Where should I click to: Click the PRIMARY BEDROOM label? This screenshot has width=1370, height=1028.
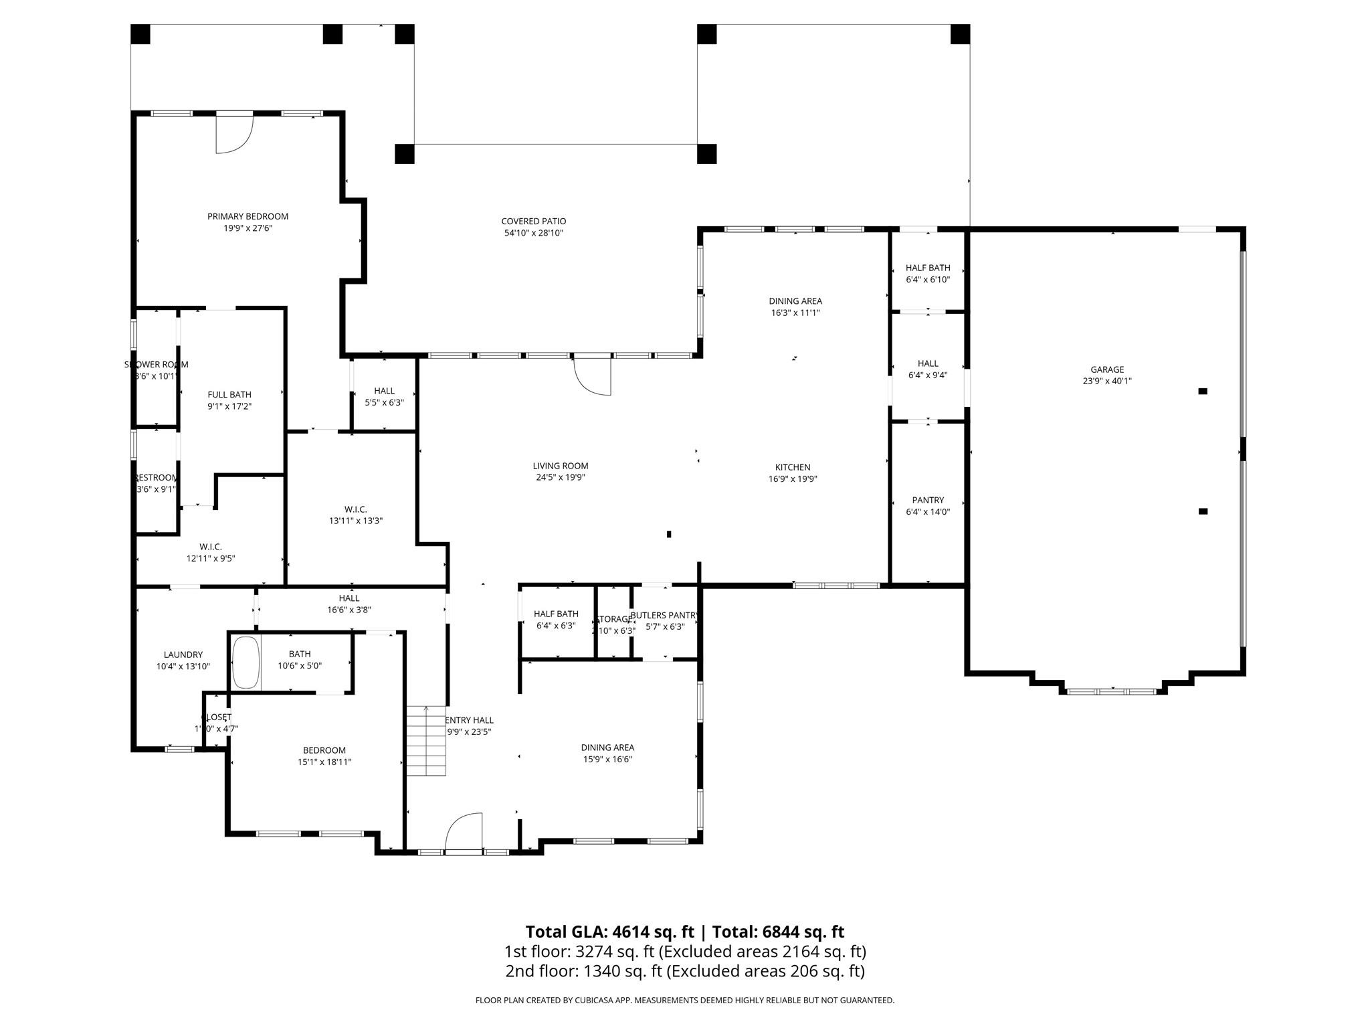click(248, 216)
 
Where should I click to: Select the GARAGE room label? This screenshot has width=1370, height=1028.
click(1107, 369)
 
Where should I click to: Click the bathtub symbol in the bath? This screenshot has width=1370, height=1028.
click(246, 663)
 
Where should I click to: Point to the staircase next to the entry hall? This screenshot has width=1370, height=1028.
click(426, 741)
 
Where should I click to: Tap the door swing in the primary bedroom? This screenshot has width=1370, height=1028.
click(233, 136)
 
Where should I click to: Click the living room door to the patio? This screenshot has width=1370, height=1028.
click(593, 376)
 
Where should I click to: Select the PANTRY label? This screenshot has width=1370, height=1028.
click(928, 500)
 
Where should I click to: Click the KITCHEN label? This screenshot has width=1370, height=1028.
click(793, 467)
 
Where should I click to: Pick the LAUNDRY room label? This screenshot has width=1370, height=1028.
click(183, 655)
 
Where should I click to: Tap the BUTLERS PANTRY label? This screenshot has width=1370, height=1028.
click(664, 615)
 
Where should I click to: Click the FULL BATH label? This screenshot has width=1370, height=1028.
click(229, 395)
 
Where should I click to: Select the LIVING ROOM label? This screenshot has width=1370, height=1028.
click(560, 466)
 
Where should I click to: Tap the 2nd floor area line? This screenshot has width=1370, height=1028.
click(684, 971)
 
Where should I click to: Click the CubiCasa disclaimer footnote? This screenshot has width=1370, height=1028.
click(684, 1001)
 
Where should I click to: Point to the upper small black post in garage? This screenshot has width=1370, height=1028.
click(1202, 391)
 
